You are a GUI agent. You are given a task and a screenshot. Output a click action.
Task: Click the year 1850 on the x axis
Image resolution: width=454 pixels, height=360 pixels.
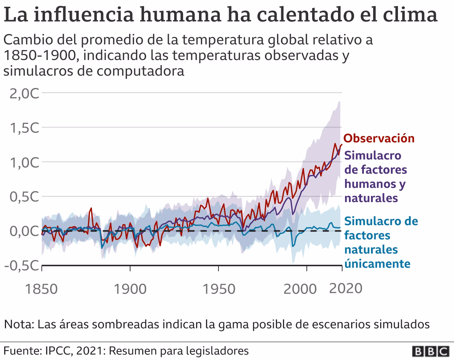coord(42,289)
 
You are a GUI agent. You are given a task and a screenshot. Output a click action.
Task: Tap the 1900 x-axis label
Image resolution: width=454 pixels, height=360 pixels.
coord(130,289)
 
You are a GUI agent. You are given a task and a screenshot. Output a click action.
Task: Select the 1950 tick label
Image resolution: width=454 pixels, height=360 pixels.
coord(219,289)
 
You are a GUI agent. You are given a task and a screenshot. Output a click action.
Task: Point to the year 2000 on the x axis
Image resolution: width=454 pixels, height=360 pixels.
coord(300,289)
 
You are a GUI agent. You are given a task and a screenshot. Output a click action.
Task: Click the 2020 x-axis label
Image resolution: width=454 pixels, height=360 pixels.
coord(346,288)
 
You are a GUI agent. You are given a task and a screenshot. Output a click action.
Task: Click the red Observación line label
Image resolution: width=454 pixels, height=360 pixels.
coord(379,138)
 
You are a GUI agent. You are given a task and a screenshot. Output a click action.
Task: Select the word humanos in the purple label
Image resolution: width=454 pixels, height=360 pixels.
coord(371,184)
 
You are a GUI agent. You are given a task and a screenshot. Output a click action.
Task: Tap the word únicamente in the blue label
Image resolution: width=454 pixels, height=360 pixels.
coord(377,264)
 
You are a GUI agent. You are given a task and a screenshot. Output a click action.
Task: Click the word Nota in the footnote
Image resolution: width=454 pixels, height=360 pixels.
coord(18,324)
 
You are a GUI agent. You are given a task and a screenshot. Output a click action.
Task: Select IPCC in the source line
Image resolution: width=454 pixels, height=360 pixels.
coord(55,351)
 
